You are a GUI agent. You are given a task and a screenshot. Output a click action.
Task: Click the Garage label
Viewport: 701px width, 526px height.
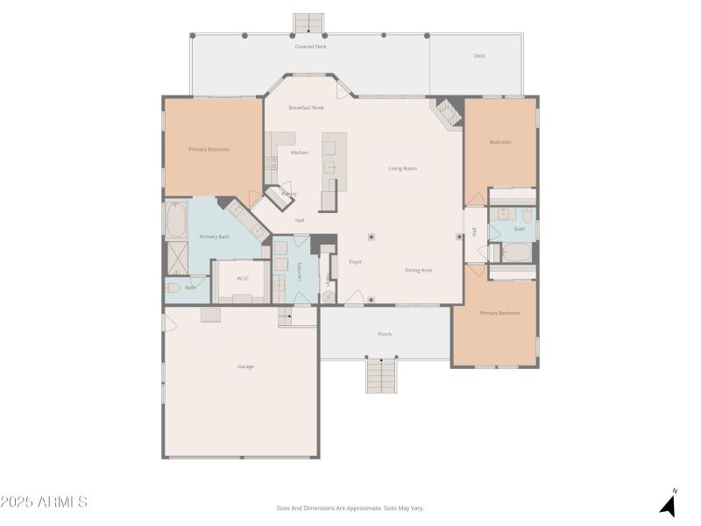click(x=245, y=366)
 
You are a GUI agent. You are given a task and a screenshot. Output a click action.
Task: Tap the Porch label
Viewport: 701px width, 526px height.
click(x=385, y=334)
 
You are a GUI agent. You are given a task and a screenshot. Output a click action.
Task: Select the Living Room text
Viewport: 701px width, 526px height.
click(x=403, y=168)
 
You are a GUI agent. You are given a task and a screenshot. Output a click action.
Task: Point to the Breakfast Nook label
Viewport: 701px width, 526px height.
click(x=307, y=108)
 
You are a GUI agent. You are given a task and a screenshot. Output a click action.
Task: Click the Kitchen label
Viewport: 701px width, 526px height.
click(x=300, y=153)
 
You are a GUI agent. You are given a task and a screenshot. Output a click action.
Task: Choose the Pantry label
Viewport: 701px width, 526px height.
click(x=288, y=194)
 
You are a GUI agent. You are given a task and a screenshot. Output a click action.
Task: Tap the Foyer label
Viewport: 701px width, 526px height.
click(x=356, y=262)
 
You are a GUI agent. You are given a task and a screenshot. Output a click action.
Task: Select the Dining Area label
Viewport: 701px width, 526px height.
click(x=418, y=270)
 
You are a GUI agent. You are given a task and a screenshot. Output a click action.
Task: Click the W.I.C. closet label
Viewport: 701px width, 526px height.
click(x=243, y=279)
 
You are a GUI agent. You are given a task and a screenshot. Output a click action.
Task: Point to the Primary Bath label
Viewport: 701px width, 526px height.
click(x=214, y=237)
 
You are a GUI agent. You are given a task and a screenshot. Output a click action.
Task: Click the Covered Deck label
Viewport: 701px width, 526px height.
click(x=310, y=46)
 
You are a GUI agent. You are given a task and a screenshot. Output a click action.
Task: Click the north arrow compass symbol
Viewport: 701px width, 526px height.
click(x=669, y=503)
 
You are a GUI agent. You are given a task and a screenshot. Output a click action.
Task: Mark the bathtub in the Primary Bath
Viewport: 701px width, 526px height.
click(x=175, y=222)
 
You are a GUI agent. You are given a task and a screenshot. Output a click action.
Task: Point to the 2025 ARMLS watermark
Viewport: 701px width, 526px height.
click(x=44, y=502)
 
